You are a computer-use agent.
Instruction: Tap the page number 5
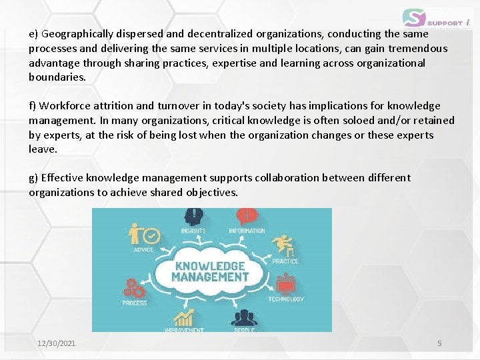click(x=439, y=343)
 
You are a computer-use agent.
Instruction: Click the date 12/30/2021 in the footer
click(x=57, y=343)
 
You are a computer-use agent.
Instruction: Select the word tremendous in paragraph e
click(x=419, y=48)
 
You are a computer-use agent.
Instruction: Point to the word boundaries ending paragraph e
click(x=57, y=77)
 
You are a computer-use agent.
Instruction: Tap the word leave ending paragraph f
click(x=42, y=149)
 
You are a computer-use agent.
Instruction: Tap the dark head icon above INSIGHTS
click(x=193, y=217)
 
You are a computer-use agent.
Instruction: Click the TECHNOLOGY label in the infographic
click(x=286, y=299)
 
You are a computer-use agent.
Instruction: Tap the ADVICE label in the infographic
click(x=143, y=250)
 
